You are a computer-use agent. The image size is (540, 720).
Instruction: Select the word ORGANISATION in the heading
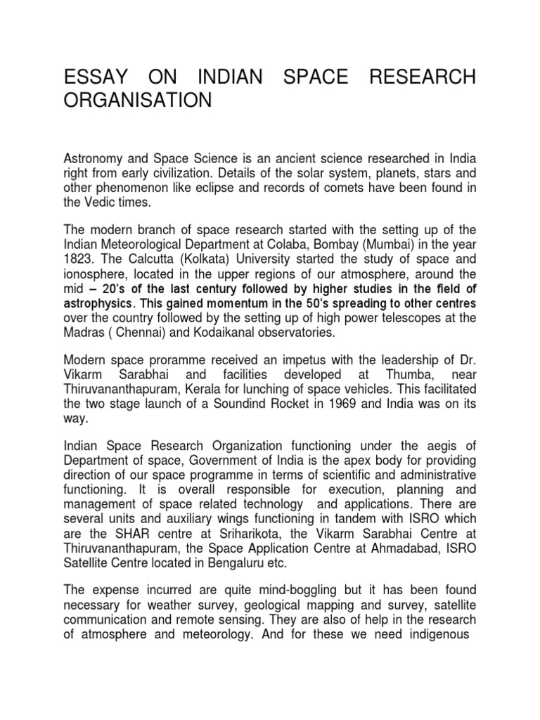[138, 101]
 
